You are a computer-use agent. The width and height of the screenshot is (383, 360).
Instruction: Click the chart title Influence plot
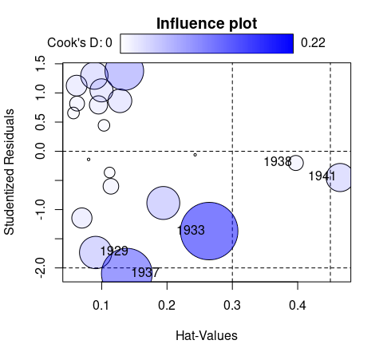207,23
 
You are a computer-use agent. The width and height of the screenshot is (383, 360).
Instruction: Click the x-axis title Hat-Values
206,336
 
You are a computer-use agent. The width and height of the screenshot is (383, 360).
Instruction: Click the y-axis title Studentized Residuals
11,172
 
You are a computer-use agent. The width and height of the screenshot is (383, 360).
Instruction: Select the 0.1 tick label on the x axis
101,305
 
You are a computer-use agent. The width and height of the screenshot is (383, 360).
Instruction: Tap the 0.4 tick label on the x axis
298,305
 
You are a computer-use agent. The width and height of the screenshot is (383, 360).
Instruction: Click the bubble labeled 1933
209,230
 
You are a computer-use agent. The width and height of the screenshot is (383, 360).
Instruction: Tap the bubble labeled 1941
340,177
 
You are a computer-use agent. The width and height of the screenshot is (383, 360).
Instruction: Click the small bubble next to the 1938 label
296,163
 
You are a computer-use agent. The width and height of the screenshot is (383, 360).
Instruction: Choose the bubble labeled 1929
96,251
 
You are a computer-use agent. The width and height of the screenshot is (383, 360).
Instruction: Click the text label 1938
277,162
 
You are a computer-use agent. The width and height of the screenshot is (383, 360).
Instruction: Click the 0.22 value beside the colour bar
313,42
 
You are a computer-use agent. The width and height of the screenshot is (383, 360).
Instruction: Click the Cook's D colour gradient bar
207,43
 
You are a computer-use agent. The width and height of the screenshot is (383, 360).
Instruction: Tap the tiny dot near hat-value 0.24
195,155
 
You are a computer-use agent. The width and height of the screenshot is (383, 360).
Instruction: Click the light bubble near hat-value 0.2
163,203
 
